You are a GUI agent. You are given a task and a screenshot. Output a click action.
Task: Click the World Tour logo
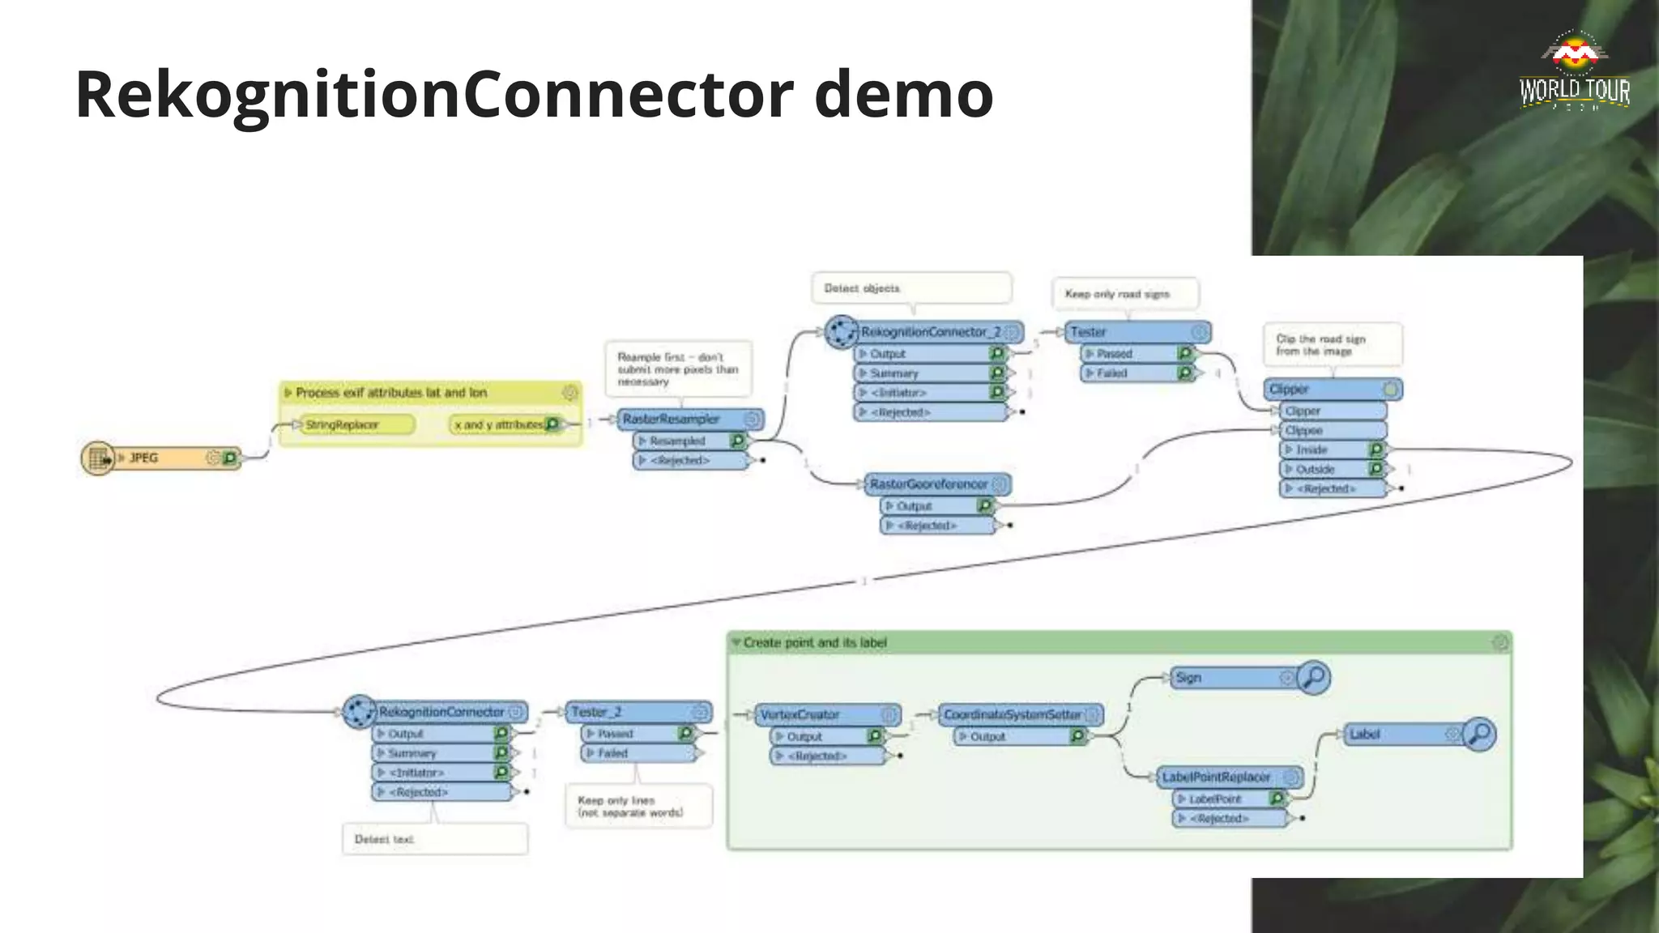1574,72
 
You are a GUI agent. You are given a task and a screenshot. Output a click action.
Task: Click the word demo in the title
903,95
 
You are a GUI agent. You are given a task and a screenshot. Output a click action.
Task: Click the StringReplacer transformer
355,424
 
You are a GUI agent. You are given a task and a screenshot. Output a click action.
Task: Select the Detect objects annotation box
911,288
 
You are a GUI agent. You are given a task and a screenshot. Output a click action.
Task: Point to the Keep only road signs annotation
1126,294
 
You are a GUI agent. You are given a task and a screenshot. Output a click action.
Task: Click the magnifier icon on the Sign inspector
1313,677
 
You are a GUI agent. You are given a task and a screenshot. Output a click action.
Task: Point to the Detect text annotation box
435,839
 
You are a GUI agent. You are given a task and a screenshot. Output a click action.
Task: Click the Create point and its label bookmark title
815,643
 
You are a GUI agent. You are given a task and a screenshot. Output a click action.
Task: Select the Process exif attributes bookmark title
391,393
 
